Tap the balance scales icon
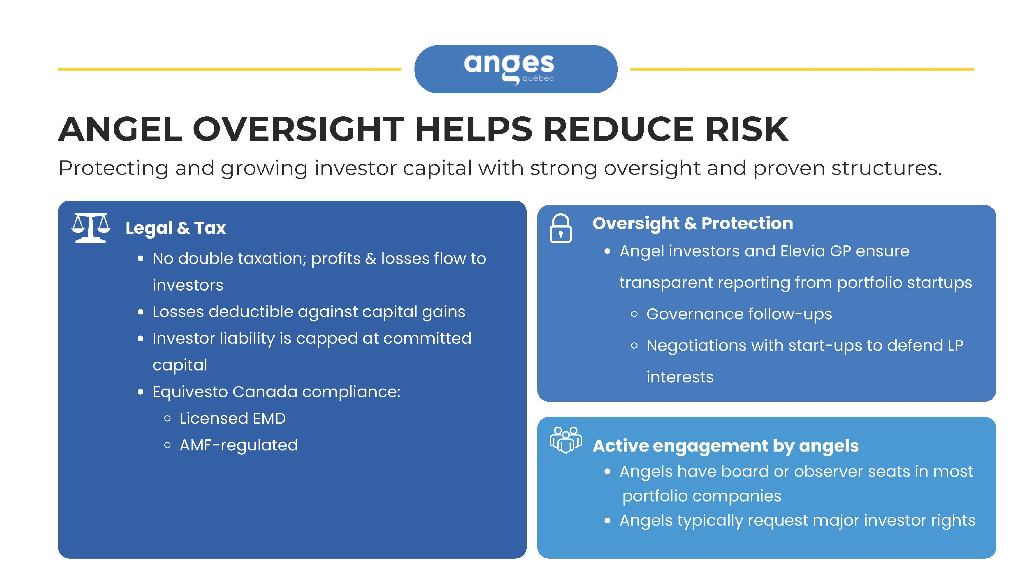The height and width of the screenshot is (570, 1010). coord(91,228)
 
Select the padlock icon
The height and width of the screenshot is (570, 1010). coord(561,228)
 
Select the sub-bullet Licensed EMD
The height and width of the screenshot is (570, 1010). coord(233,419)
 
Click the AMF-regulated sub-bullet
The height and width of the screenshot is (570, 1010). coord(238,445)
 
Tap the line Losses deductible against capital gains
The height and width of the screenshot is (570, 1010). coord(309,312)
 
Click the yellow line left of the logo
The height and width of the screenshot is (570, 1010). coord(229,69)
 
